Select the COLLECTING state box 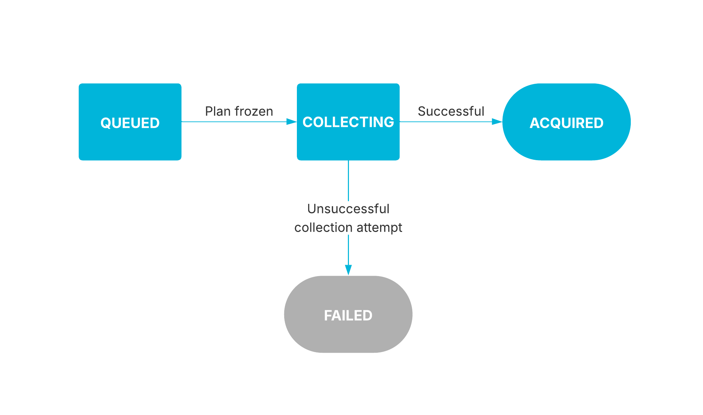pos(348,144)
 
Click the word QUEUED pos(130,123)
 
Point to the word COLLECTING pos(348,122)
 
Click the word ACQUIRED pos(566,123)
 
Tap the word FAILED pos(348,315)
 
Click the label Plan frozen pos(239,112)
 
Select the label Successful pos(451,112)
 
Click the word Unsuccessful pos(348,209)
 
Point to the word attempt pos(379,228)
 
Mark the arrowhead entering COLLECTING pos(291,121)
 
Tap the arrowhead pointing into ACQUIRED pos(497,121)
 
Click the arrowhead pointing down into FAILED pos(348,270)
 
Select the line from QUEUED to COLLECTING pos(233,121)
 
